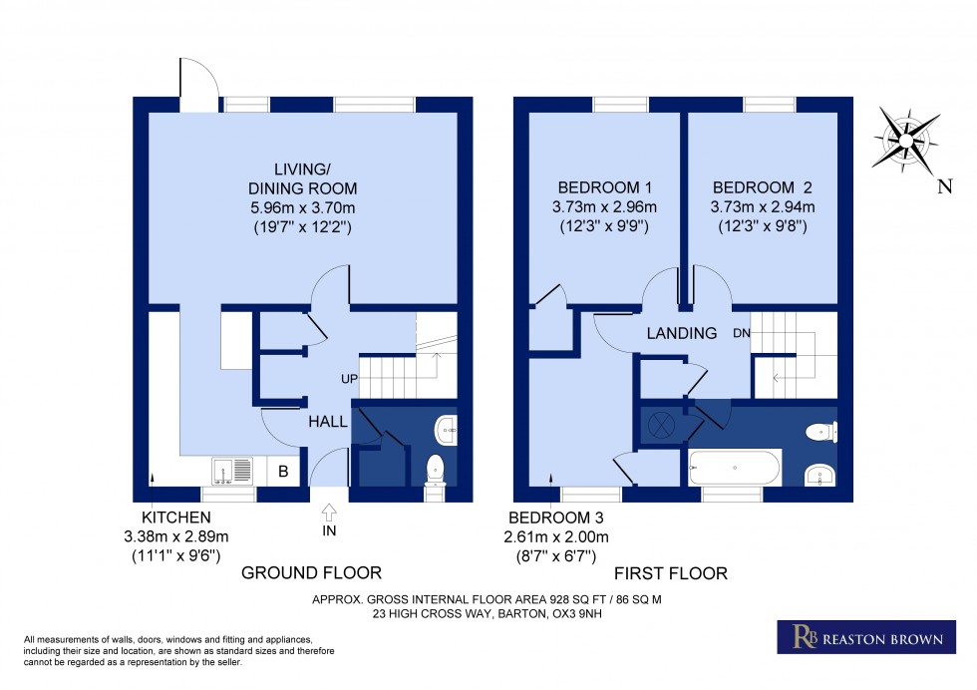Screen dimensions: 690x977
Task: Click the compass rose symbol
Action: [x=904, y=140]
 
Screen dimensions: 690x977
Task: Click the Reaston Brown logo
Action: [x=859, y=637]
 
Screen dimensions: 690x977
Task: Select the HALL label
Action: [x=328, y=422]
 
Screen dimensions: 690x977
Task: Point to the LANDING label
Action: [x=681, y=333]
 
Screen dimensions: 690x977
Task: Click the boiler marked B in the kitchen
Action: [x=283, y=472]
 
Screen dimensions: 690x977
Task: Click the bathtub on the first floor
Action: [x=735, y=467]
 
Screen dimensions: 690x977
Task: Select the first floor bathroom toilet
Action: [x=820, y=430]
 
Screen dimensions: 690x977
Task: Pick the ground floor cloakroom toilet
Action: [x=435, y=468]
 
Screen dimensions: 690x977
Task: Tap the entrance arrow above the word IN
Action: [x=329, y=512]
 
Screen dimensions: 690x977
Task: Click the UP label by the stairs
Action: [x=348, y=379]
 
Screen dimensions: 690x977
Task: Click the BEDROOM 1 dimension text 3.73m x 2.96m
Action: [x=605, y=207]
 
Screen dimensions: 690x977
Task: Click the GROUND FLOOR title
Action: [x=312, y=572]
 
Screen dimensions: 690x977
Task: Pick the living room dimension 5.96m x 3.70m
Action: [x=301, y=207]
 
